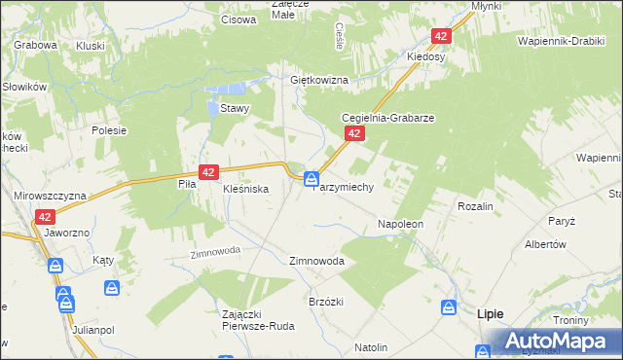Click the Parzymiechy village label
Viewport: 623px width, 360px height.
click(343, 188)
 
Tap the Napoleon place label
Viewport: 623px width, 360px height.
click(400, 224)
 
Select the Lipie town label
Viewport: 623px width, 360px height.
click(490, 313)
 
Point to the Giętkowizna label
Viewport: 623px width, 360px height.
click(318, 80)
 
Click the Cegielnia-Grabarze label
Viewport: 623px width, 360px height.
click(386, 117)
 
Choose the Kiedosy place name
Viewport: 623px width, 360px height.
click(426, 57)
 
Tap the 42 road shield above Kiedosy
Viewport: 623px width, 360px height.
click(441, 36)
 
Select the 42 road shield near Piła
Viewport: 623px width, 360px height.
click(207, 171)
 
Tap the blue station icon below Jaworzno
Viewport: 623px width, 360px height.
click(55, 266)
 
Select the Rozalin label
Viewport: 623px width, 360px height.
click(475, 206)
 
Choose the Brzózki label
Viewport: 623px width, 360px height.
click(326, 302)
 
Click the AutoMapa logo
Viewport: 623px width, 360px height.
click(551, 341)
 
